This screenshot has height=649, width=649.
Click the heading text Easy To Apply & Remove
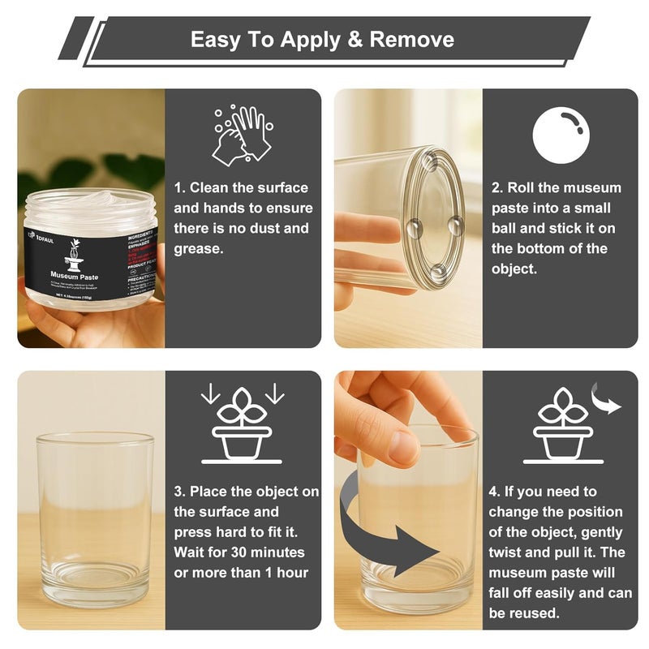tap(322, 39)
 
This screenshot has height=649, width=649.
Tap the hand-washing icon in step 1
tap(241, 134)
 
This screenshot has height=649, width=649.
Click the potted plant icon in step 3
tap(241, 426)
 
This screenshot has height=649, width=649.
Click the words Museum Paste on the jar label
tap(74, 276)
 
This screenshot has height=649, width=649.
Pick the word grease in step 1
tap(197, 248)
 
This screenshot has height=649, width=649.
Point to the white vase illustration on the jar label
tap(74, 253)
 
